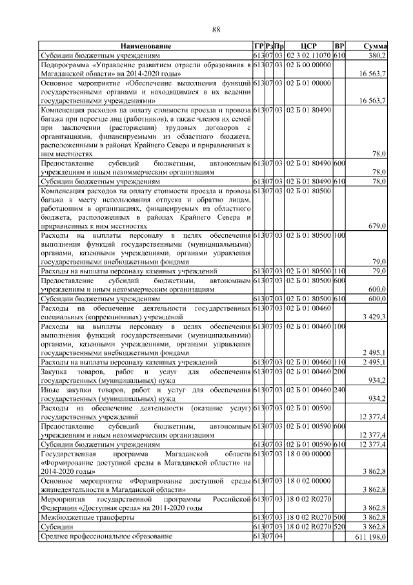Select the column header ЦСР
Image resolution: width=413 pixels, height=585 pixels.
click(x=308, y=47)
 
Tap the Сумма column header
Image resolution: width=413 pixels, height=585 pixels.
click(x=374, y=47)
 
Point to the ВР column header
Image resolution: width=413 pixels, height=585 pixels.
click(x=339, y=47)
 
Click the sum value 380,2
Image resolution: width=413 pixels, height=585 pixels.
click(x=377, y=56)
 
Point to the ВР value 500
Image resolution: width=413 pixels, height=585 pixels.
click(x=339, y=518)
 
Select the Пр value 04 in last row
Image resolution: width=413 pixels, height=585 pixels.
click(x=279, y=537)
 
